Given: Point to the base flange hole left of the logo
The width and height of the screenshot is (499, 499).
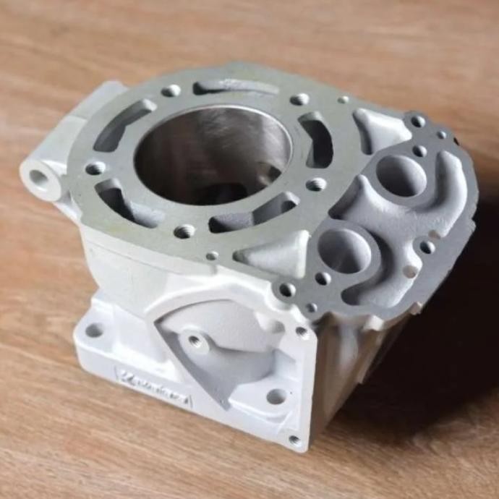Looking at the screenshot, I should [x=94, y=330].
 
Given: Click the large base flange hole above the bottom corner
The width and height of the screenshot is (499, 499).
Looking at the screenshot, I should [x=276, y=396].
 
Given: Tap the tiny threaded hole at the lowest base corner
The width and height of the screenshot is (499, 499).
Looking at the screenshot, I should [x=294, y=440].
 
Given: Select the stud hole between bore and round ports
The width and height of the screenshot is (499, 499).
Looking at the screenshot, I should [x=316, y=184].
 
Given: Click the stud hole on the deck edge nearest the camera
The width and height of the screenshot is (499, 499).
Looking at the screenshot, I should [x=287, y=290].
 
